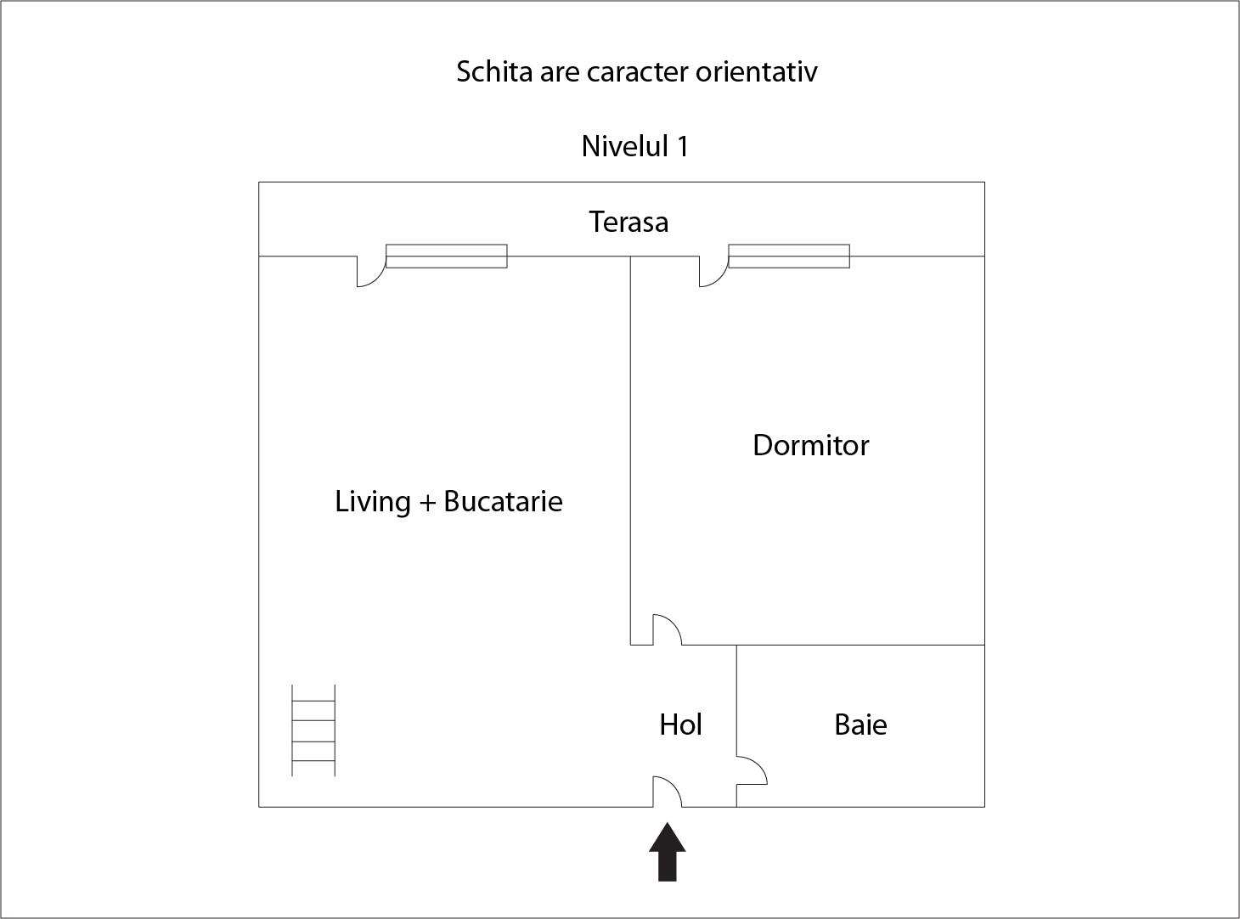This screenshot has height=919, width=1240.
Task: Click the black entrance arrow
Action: (667, 851)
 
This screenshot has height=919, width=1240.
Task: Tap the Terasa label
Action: (628, 222)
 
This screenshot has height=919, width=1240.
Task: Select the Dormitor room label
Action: (810, 445)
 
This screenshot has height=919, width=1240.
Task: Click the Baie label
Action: (860, 724)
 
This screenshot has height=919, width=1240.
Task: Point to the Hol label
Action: (680, 724)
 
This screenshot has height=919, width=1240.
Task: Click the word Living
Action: (372, 502)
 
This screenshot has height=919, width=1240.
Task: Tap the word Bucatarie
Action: (503, 501)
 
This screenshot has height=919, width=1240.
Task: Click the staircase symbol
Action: (313, 730)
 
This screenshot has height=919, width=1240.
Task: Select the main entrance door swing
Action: (667, 792)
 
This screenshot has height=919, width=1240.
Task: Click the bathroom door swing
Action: (752, 770)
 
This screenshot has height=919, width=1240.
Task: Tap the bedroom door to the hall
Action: (667, 630)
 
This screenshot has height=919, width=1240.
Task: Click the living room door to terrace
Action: (371, 271)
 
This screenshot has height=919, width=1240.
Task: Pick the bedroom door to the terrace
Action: (714, 271)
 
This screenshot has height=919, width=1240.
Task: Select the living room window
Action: (446, 257)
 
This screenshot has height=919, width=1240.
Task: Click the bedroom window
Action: (789, 257)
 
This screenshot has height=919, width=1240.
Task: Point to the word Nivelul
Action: (625, 147)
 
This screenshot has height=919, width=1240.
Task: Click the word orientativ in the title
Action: (757, 71)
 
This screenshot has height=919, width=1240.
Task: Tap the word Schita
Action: (494, 71)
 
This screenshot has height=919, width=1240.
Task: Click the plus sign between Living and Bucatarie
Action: (427, 503)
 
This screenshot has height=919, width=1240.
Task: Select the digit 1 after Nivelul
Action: (682, 147)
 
